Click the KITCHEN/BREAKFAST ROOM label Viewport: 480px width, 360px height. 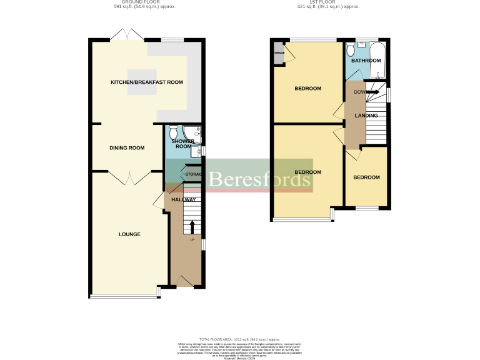(146, 82)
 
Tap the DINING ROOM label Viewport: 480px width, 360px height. (127, 148)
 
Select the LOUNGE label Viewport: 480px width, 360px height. (129, 234)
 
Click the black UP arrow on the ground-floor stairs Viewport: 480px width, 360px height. (192, 226)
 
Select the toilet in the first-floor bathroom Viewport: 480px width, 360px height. (352, 49)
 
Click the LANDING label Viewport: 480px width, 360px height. (366, 116)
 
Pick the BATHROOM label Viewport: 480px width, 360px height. (366, 61)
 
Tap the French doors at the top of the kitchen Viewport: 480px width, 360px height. (127, 35)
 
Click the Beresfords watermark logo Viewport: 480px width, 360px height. (259, 179)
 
